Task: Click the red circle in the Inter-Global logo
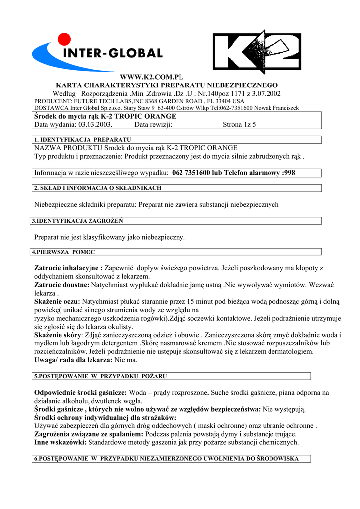tap(64, 39)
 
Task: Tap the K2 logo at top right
tap(257, 52)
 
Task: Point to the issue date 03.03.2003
tap(95, 125)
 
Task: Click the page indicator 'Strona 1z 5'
tap(239, 125)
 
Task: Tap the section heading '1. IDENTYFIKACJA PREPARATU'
tap(82, 140)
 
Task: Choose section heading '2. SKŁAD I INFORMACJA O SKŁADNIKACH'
tap(97, 188)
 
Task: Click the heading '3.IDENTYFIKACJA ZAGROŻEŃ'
tap(77, 221)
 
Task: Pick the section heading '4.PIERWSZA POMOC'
tap(64, 252)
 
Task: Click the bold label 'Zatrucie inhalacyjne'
tap(68, 268)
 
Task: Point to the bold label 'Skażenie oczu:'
tap(57, 301)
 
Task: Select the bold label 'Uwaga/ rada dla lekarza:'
tap(74, 359)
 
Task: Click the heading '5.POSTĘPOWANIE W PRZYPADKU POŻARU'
tap(100, 376)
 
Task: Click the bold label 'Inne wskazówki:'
tap(60, 442)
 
